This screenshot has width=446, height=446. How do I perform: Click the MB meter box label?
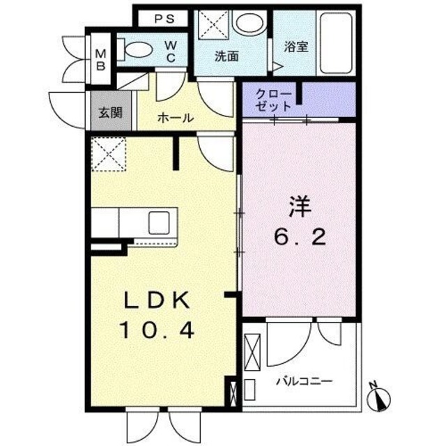tap(100, 59)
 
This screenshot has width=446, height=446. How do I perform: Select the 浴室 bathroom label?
tap(296, 47)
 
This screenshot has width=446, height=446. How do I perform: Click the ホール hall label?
tap(175, 118)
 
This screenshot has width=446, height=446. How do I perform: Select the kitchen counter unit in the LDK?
tap(136, 223)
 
